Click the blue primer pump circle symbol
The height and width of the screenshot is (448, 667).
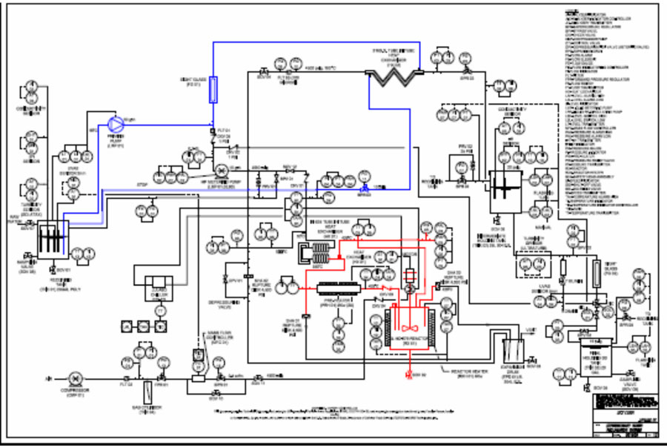pyautogui.click(x=115, y=123)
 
